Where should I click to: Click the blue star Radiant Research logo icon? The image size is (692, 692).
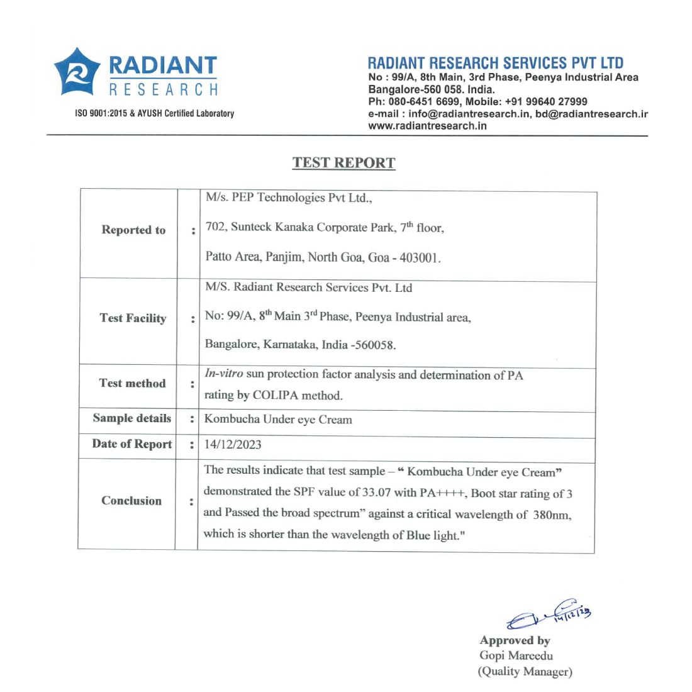click(x=77, y=72)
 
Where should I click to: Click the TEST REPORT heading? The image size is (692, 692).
click(x=343, y=162)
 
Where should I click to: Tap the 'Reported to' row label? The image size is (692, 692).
click(x=133, y=230)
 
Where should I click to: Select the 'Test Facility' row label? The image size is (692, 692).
click(x=133, y=318)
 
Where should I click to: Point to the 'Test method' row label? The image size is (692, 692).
click(x=132, y=383)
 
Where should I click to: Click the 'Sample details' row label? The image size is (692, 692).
click(x=131, y=418)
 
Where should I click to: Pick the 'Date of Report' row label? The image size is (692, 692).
click(x=131, y=444)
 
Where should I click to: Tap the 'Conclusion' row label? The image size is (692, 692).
click(x=131, y=501)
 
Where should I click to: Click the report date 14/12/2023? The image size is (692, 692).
click(x=233, y=444)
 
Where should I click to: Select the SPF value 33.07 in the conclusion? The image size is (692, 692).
click(x=376, y=493)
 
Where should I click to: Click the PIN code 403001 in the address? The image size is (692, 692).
click(x=420, y=258)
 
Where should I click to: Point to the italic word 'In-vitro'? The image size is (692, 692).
click(x=223, y=373)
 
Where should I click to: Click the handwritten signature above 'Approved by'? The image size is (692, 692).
click(x=549, y=614)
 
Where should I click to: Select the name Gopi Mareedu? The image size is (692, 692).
click(x=516, y=656)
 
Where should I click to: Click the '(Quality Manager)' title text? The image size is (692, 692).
click(x=525, y=671)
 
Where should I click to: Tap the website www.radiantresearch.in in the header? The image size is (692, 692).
click(x=427, y=126)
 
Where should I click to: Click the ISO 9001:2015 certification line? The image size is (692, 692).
click(x=154, y=113)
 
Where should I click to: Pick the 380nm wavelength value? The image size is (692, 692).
click(x=551, y=515)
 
